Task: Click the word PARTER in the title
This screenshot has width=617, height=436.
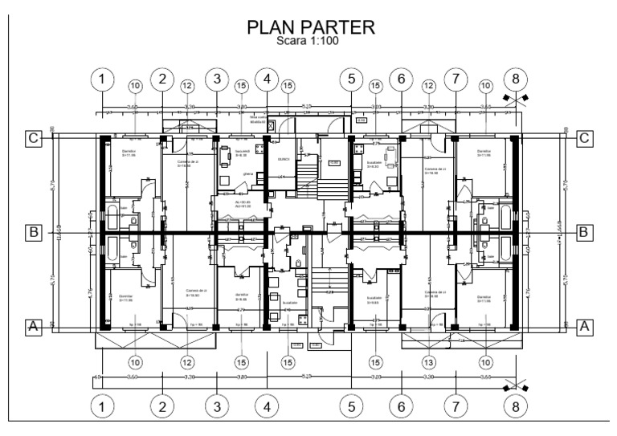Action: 337,28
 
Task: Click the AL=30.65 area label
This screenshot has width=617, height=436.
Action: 244,204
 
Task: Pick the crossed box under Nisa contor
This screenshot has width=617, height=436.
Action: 271,125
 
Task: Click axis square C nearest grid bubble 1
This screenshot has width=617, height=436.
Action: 34,138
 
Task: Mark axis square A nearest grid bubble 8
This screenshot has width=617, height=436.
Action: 585,326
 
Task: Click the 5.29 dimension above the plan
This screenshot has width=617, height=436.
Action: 308,105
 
